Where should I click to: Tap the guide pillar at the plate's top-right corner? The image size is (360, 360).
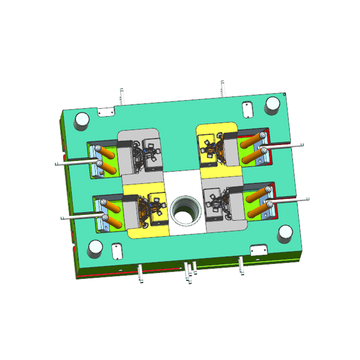click(273, 105)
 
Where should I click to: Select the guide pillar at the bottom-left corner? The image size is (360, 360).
click(95, 247)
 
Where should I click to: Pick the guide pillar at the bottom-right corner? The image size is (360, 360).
click(285, 233)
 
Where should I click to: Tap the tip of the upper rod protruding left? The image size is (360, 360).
click(56, 164)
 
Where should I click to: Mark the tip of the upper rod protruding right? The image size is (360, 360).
click(304, 144)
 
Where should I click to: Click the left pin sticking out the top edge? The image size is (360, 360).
click(121, 93)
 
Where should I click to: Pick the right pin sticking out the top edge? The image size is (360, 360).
click(222, 85)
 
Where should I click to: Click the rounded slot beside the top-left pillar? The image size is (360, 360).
click(106, 111)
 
